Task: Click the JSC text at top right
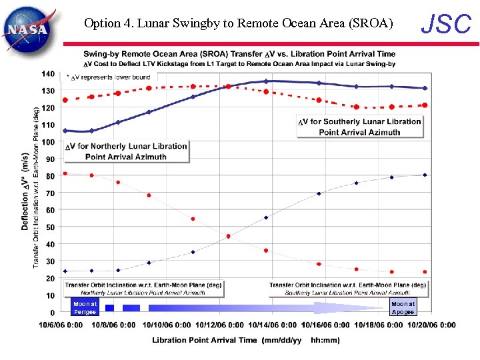[447, 24]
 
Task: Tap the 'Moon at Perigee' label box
[85, 307]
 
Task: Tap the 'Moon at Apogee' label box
[403, 307]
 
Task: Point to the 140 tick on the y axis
[47, 73]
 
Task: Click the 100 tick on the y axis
[47, 142]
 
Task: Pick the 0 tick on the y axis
[52, 312]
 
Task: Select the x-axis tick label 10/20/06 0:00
[429, 325]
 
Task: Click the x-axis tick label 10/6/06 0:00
[61, 325]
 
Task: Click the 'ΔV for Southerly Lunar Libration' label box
[359, 127]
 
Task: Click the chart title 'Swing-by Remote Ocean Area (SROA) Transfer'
[239, 54]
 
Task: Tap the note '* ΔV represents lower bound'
[107, 77]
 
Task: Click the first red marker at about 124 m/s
[65, 100]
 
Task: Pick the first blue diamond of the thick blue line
[65, 131]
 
